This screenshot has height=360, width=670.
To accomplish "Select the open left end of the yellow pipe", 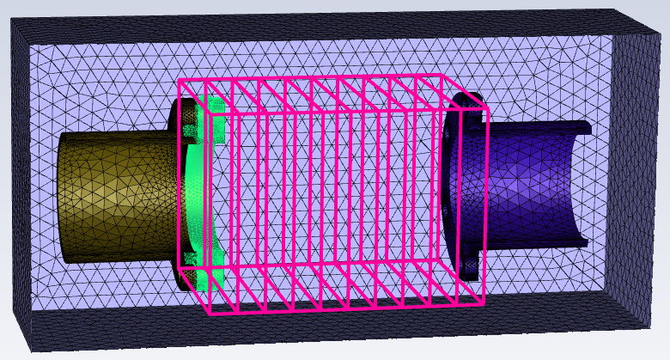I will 62,198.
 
